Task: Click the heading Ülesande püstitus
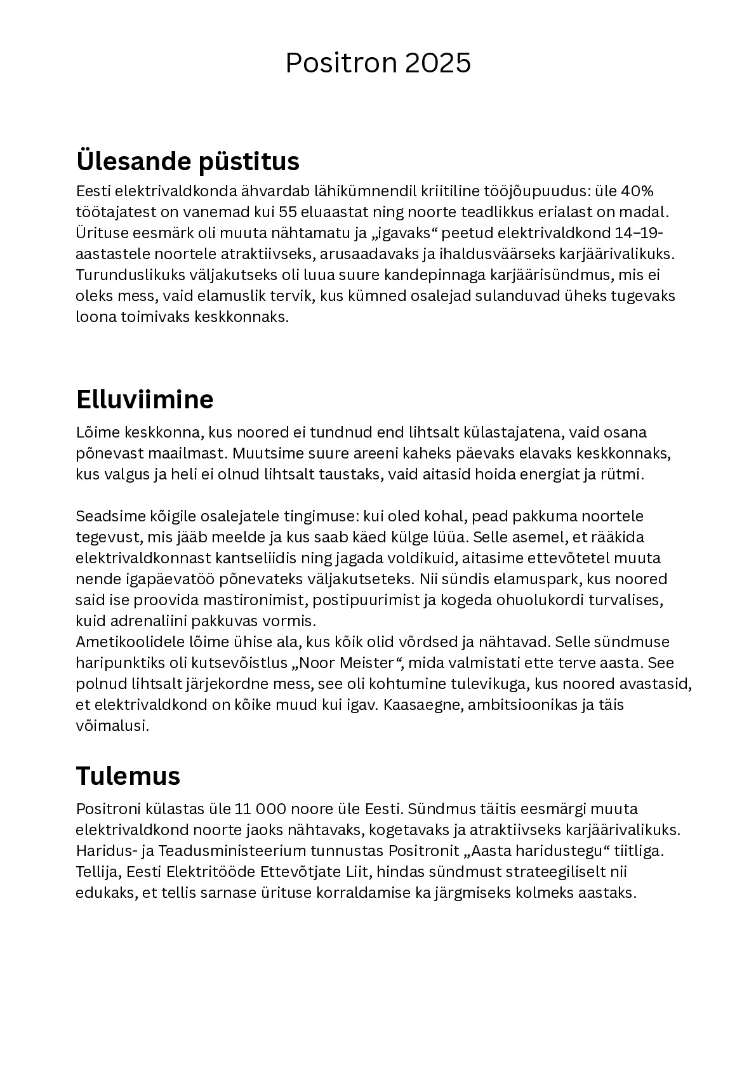pos(187,161)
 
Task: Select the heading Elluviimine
pos(145,399)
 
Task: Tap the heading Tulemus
pos(128,775)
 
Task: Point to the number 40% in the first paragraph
pos(637,191)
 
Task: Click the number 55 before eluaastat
pos(289,212)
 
